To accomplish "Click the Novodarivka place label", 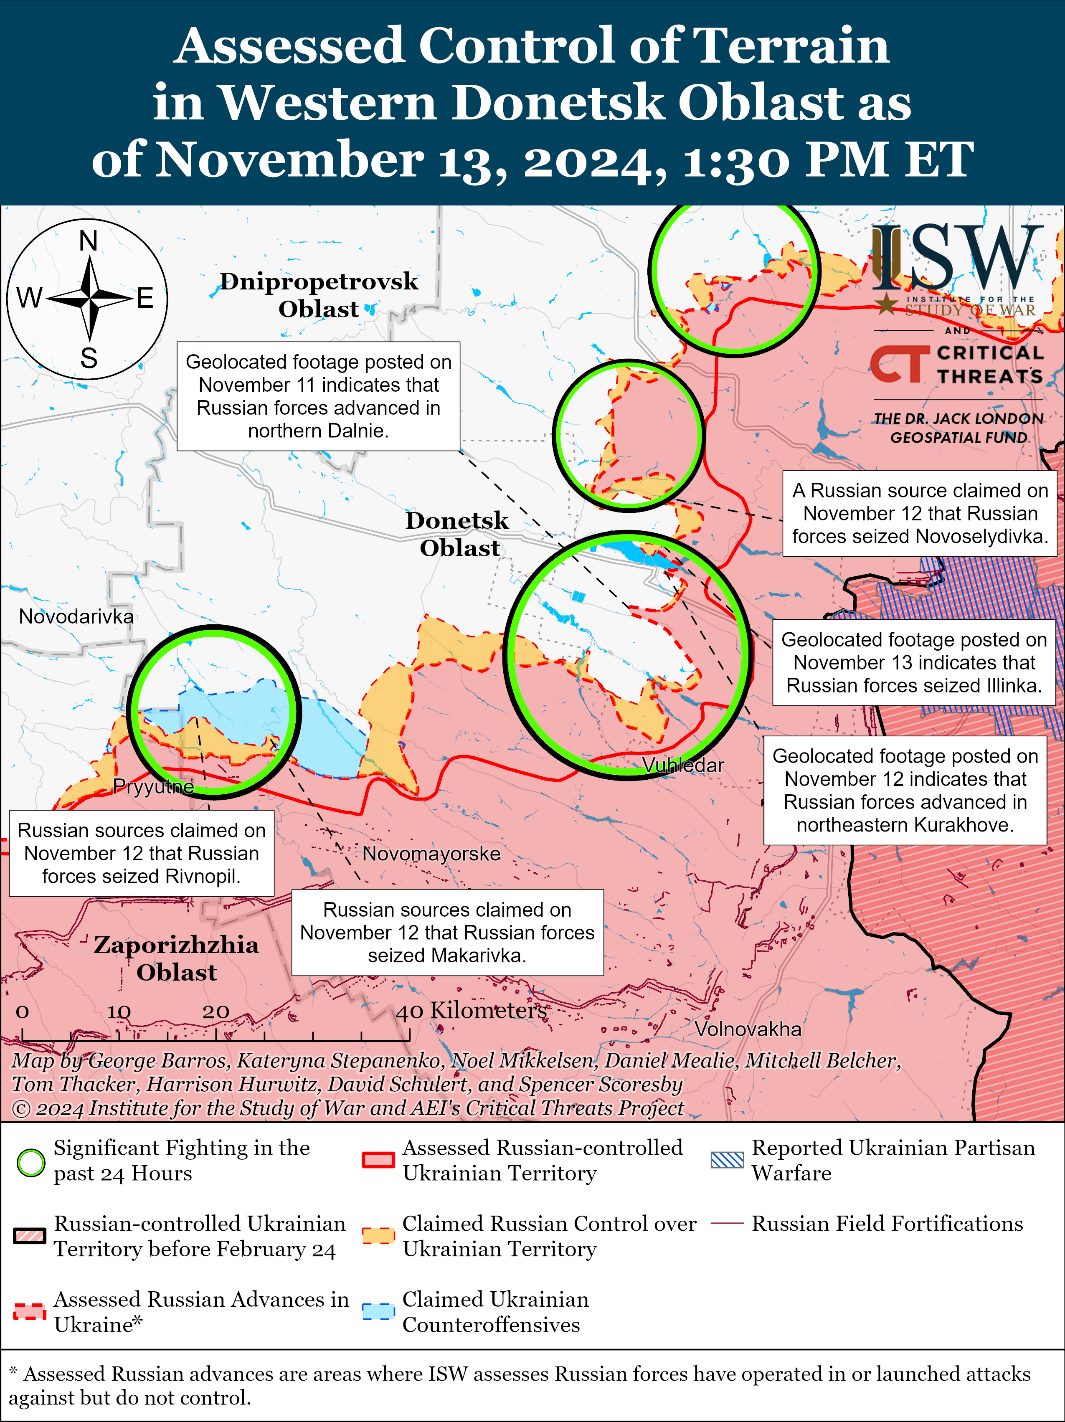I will [76, 616].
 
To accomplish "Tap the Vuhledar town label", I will [683, 765].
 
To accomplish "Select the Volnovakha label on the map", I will [748, 1029].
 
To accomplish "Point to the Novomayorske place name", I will [431, 854].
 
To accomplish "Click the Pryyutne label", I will [154, 786].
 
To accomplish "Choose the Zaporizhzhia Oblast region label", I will [176, 958].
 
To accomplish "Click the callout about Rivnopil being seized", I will [142, 853].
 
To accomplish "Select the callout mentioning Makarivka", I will [447, 932].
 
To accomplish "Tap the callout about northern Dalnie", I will [318, 396].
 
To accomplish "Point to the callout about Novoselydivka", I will [920, 513].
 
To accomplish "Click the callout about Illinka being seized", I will [914, 662].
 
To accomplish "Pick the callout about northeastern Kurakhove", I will [905, 790].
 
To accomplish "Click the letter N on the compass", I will [89, 241].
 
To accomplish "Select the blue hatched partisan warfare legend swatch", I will [727, 1160].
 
